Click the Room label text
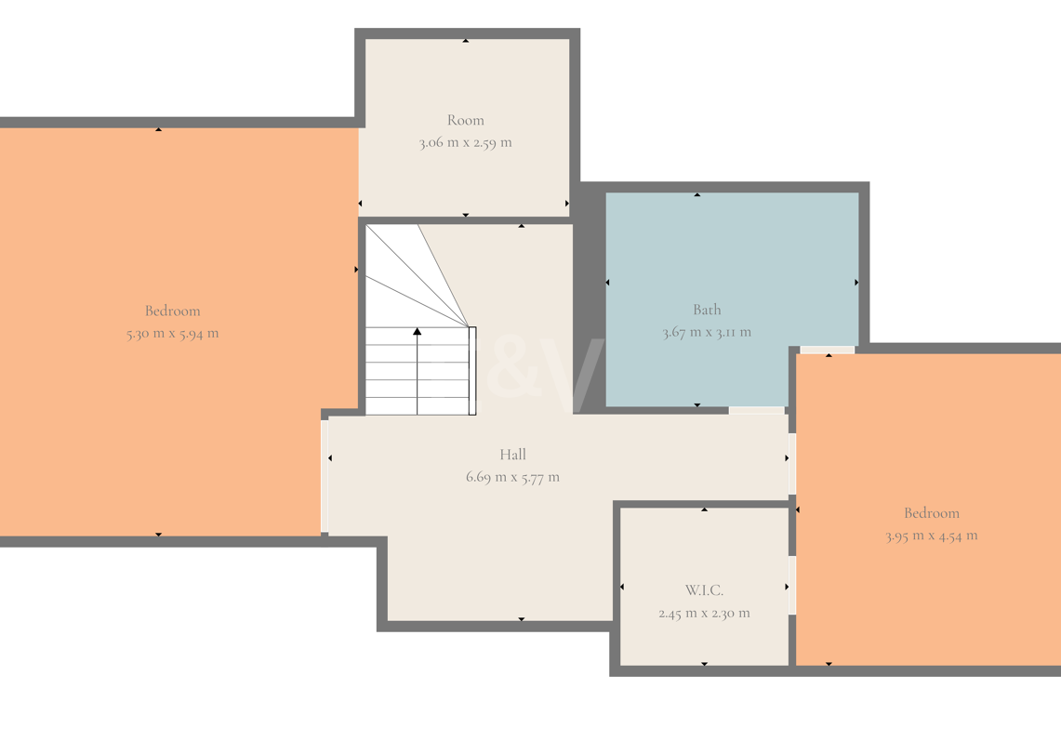coord(466,121)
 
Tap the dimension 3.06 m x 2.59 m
coord(466,143)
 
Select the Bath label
coord(707,310)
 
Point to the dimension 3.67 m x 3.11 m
coord(707,332)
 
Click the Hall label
coord(513,455)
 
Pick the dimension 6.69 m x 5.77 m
coord(513,477)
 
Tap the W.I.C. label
coord(705,590)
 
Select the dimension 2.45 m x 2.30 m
coord(705,614)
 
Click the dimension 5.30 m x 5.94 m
coord(173,334)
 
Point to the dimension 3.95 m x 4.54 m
coord(932,536)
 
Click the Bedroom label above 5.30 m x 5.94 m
coord(173,311)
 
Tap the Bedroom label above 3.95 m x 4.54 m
coord(932,513)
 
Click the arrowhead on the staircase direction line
coord(418,332)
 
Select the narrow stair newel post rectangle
coord(472,371)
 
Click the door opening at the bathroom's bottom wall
coord(757,411)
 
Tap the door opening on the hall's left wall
coord(325,476)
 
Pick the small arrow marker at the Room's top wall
coord(466,41)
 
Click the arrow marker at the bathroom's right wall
coord(856,283)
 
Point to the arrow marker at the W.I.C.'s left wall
coord(622,587)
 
